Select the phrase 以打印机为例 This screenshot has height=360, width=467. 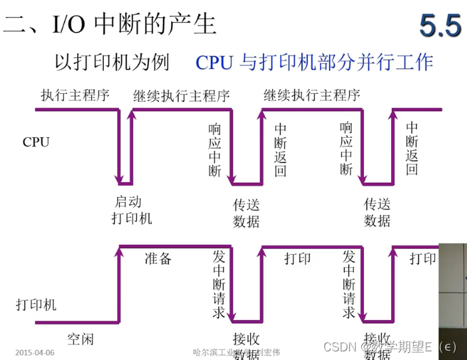click(111, 63)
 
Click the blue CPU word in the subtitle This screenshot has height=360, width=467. click(214, 63)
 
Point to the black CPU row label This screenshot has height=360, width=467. click(36, 142)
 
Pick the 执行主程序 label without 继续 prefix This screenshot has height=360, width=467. click(75, 95)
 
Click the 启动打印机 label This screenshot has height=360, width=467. click(132, 210)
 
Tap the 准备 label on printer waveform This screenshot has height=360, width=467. click(158, 258)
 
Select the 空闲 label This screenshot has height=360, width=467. click(80, 339)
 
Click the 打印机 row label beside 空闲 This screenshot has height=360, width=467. click(36, 305)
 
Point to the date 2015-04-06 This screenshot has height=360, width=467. click(35, 351)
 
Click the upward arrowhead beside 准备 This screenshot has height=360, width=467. click(120, 252)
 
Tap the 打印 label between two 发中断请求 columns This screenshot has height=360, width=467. click(297, 258)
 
